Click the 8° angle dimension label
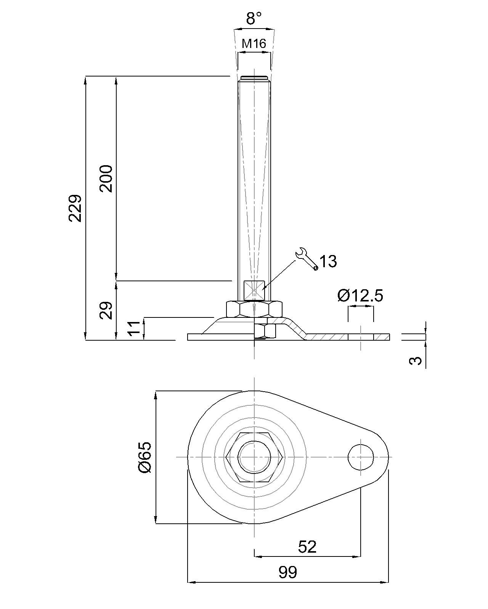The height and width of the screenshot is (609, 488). (254, 19)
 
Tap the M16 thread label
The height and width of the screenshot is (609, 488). (254, 43)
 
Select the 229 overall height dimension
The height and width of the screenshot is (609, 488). (75, 208)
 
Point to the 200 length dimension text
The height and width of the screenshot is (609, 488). (106, 179)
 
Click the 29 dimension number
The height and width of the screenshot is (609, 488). (106, 311)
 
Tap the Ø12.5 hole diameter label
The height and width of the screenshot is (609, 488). (360, 296)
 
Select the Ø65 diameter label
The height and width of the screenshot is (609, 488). (145, 457)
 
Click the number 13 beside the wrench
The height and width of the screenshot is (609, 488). (328, 261)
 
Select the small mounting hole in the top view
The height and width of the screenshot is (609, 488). (361, 457)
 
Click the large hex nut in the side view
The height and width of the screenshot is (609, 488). (254, 309)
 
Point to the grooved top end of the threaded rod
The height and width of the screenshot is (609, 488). (254, 78)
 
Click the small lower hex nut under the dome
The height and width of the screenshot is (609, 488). (265, 331)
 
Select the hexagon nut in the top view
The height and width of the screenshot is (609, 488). (254, 457)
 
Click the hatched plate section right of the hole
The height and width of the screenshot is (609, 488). (381, 337)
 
